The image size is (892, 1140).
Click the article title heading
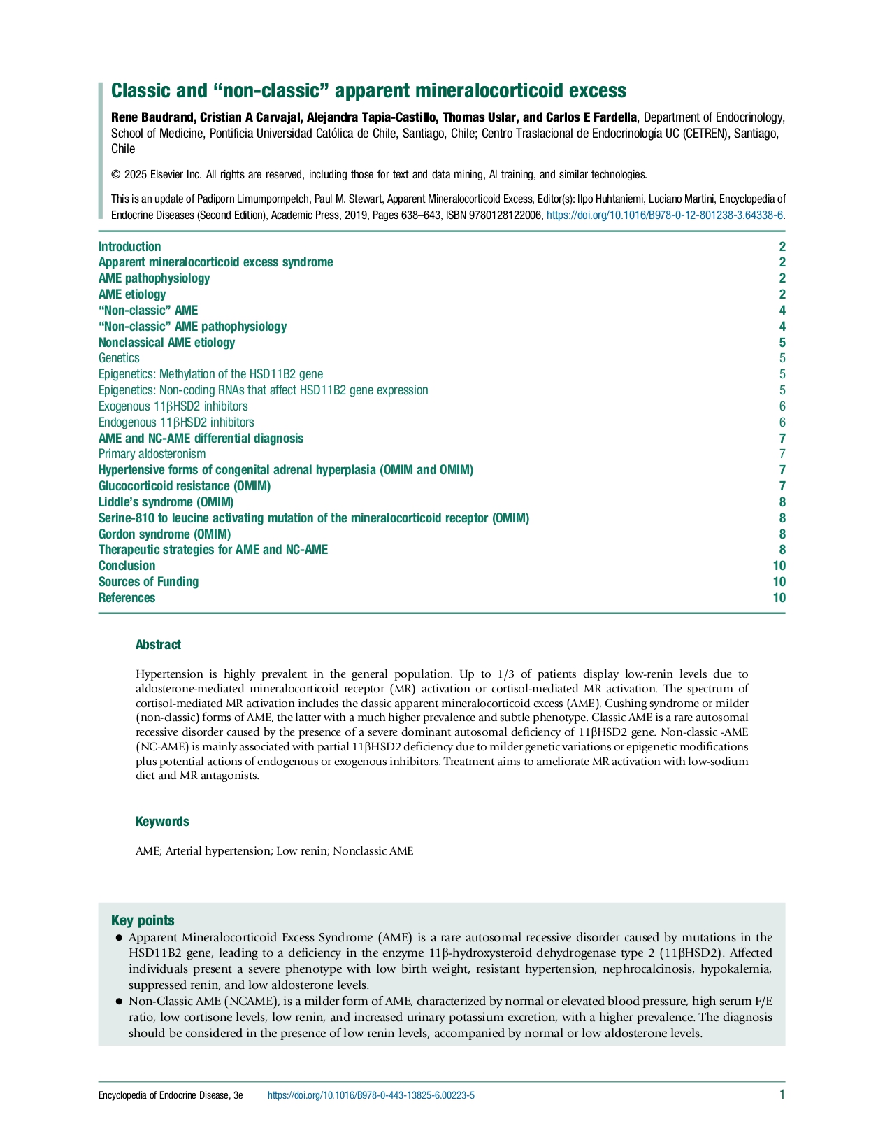[x=368, y=91]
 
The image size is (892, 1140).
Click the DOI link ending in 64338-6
[x=664, y=215]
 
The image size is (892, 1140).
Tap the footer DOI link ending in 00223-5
[x=371, y=1095]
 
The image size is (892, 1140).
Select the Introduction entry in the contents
[x=129, y=247]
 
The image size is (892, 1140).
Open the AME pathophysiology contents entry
[x=154, y=278]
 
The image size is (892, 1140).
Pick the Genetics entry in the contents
[x=119, y=358]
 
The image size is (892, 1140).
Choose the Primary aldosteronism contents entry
[x=152, y=454]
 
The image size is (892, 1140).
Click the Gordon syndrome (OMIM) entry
[x=154, y=534]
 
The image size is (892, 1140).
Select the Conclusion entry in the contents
[x=127, y=566]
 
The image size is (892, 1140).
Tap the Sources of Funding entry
[x=148, y=582]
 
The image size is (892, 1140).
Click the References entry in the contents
[x=127, y=598]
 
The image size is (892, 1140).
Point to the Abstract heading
[x=158, y=645]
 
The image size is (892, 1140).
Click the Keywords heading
[x=162, y=822]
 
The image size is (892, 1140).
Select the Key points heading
[x=143, y=920]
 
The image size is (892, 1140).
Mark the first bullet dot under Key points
[x=120, y=938]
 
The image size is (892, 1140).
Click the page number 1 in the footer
[x=782, y=1095]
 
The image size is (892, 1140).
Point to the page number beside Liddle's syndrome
[x=782, y=502]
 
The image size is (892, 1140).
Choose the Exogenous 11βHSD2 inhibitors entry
[x=173, y=406]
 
